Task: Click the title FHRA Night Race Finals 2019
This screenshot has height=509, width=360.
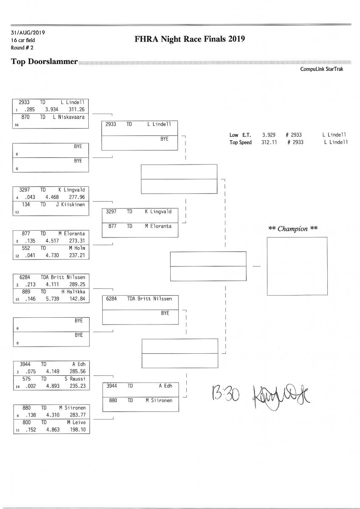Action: (190, 39)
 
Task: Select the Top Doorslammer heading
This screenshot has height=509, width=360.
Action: (44, 62)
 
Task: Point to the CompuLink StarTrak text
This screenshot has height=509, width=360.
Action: (321, 69)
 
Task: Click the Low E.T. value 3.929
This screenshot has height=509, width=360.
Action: (269, 135)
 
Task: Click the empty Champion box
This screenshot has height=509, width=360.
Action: (297, 266)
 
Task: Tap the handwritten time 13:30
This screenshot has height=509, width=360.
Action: (224, 395)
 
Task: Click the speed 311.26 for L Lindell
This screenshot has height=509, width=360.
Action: (76, 109)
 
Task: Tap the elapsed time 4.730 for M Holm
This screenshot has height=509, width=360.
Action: (52, 255)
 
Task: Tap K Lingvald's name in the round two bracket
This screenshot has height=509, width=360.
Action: (158, 211)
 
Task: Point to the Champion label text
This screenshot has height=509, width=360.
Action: (293, 229)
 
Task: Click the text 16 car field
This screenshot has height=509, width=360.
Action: (23, 40)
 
